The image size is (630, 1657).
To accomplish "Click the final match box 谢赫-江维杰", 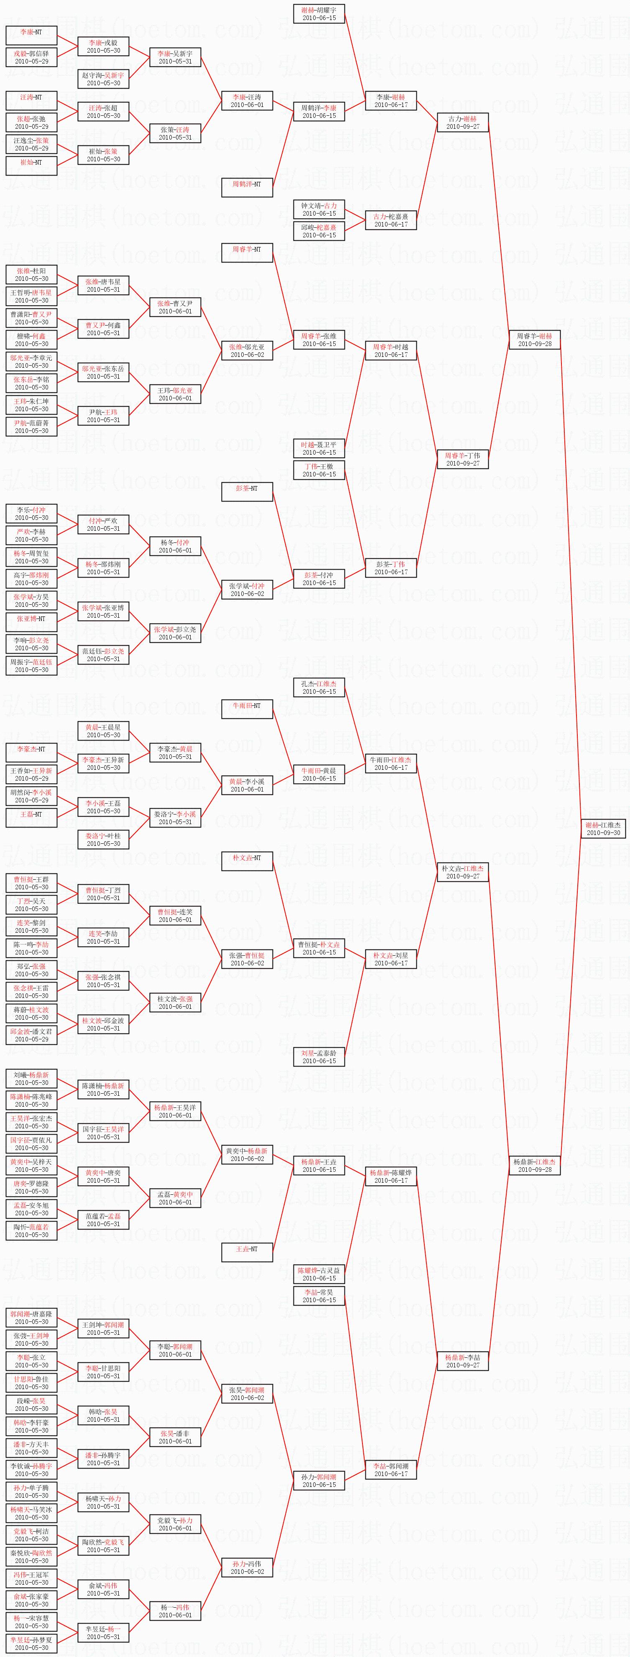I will [602, 828].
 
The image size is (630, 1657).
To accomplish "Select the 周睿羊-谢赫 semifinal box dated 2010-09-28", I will [534, 340].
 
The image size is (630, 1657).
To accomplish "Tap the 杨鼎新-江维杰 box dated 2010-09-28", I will [534, 1165].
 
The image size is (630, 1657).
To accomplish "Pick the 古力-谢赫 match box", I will [463, 122].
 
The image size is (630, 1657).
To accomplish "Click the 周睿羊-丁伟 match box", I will [463, 459].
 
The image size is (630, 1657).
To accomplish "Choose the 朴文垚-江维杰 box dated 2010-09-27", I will [463, 872].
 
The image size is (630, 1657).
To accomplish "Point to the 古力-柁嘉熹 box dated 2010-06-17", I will [390, 220].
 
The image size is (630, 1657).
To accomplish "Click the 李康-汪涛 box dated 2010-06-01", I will [247, 100].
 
